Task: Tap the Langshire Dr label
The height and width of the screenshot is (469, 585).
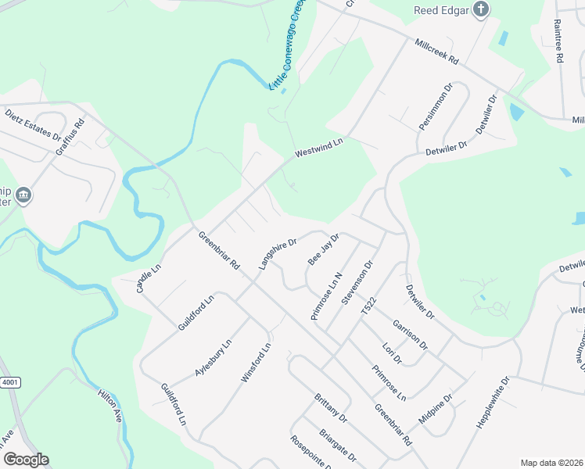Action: coord(278,253)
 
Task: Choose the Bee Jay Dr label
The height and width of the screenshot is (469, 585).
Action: coord(323,249)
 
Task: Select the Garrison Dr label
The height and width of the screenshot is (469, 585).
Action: coord(410,334)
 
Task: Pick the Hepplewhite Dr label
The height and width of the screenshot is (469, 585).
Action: coord(493,403)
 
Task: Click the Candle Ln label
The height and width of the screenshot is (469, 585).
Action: coord(148,277)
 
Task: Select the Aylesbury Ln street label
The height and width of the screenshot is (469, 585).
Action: coord(212,358)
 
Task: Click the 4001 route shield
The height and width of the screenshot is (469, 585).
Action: coord(10,382)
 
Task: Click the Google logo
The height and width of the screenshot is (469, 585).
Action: coord(26,460)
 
